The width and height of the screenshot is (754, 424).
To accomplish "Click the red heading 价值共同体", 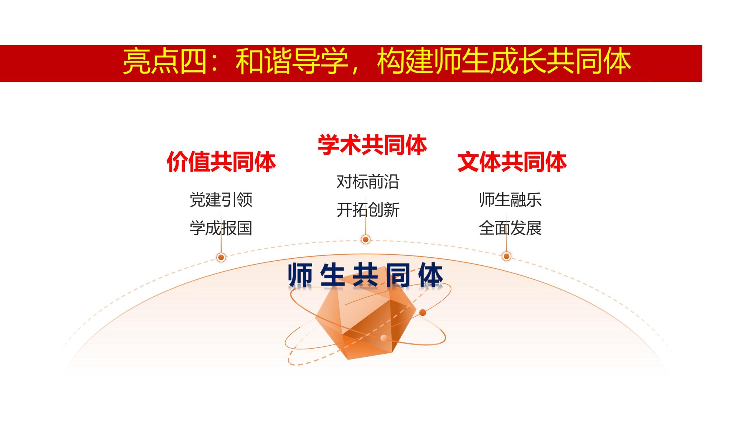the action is click(x=221, y=162).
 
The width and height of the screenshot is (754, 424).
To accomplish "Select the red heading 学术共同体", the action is click(x=372, y=145).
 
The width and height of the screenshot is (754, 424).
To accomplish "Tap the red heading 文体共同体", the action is click(x=512, y=162).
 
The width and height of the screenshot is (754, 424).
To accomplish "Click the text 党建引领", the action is click(x=221, y=200).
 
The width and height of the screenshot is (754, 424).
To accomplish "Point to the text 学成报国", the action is click(x=221, y=228).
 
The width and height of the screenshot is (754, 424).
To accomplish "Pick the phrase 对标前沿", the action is click(x=368, y=182).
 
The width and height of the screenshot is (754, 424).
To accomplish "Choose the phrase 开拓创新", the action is click(x=368, y=210).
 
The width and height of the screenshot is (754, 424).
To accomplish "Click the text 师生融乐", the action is click(x=510, y=200).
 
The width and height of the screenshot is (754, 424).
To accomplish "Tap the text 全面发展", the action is click(x=510, y=228).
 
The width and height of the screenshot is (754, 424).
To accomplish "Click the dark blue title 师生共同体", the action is click(x=365, y=275).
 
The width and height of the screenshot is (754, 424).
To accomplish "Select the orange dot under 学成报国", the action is click(x=221, y=257).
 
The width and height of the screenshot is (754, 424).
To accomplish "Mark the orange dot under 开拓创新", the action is click(x=366, y=240).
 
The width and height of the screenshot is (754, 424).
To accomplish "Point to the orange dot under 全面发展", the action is click(x=507, y=256).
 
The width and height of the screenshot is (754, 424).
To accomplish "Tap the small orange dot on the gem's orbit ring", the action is click(x=423, y=312).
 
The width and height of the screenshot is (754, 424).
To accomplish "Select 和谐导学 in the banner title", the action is click(x=292, y=62).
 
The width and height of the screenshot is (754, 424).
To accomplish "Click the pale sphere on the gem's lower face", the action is click(x=384, y=338).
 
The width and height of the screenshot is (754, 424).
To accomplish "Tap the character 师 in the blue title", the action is click(x=300, y=275).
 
